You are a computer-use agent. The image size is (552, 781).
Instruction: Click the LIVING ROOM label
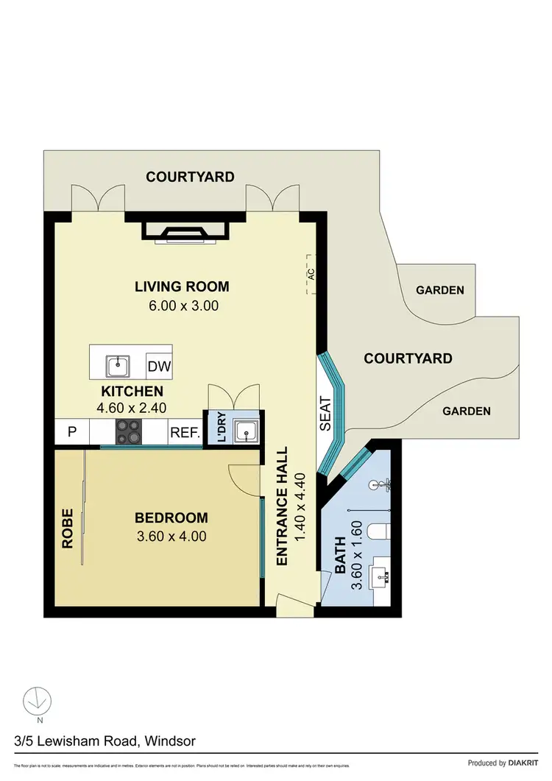click(x=182, y=286)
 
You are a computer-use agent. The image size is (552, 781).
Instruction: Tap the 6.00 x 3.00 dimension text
click(x=182, y=305)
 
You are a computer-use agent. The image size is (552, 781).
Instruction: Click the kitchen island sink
click(x=118, y=364)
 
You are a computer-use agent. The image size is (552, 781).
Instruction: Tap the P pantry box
click(x=72, y=432)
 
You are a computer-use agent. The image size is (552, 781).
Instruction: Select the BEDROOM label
click(x=171, y=517)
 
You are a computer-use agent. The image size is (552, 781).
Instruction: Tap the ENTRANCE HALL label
click(x=282, y=507)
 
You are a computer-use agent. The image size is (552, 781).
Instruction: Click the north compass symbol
click(x=35, y=702)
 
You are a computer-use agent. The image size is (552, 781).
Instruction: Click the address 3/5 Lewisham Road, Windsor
click(x=104, y=741)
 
